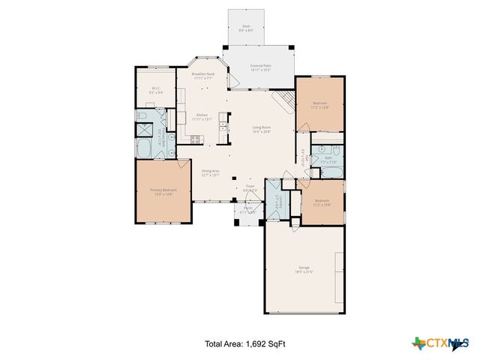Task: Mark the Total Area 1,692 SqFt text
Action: click(244, 344)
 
